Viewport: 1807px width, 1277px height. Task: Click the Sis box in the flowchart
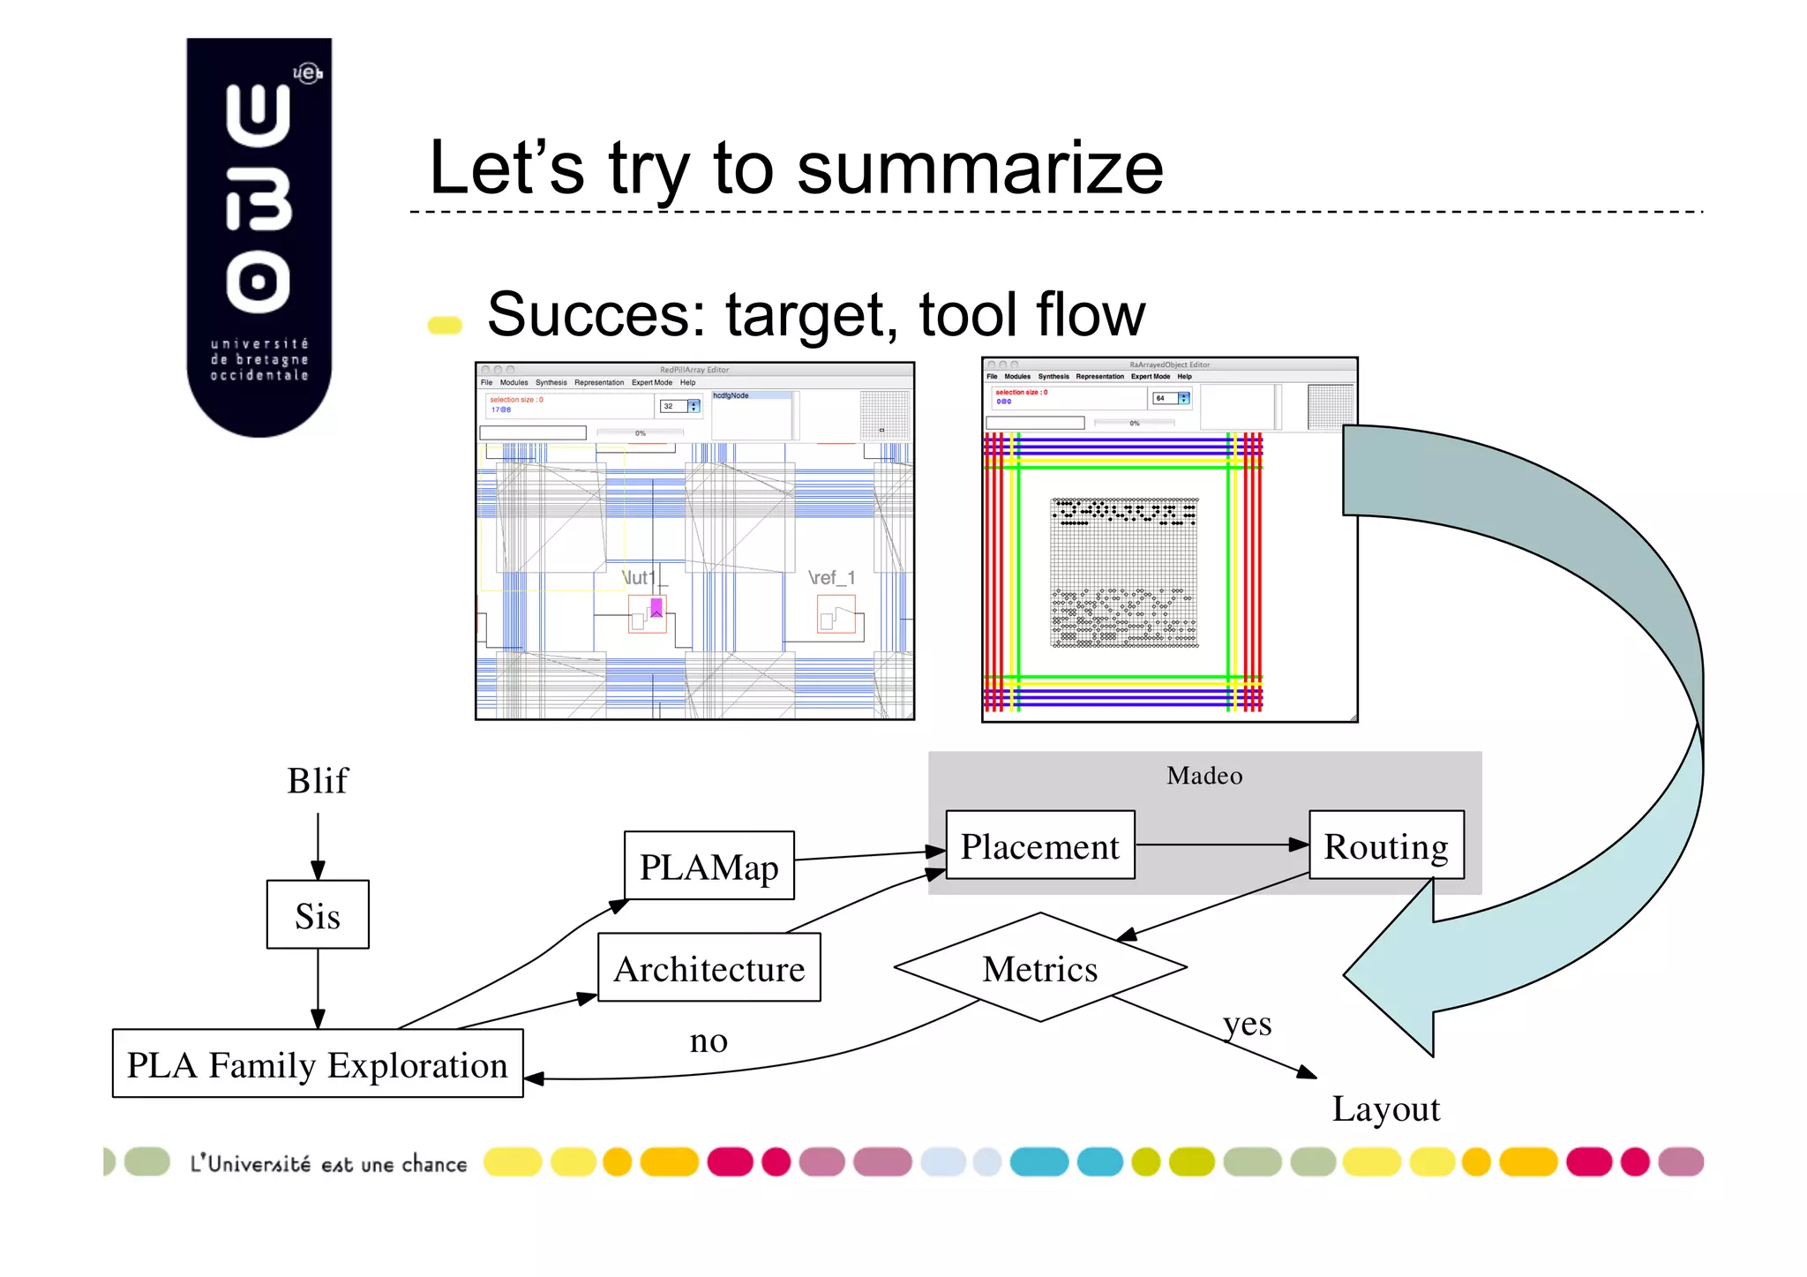pos(318,915)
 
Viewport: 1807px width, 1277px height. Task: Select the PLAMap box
pos(709,866)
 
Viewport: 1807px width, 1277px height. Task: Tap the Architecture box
pos(709,968)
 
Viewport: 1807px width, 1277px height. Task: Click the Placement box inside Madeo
pos(1039,845)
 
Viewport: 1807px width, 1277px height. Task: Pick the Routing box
pos(1385,845)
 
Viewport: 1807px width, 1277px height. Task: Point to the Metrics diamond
pos(1039,968)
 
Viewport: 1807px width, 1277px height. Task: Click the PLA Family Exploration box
pos(318,1064)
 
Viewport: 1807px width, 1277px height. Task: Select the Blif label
pos(318,781)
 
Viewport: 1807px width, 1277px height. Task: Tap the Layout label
pos(1385,1108)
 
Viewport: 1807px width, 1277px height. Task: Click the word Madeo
pos(1204,776)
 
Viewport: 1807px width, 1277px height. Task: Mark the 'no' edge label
pos(709,1041)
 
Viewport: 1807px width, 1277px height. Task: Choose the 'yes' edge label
pos(1247,1024)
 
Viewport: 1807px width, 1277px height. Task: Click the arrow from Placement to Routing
pos(1221,845)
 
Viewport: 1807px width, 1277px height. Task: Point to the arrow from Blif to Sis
pos(318,845)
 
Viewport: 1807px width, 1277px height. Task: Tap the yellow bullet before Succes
pos(445,326)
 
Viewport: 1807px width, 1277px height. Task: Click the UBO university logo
pos(259,237)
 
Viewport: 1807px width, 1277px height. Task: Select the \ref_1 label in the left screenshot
pos(831,578)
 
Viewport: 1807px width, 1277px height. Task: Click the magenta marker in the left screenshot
pos(656,607)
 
